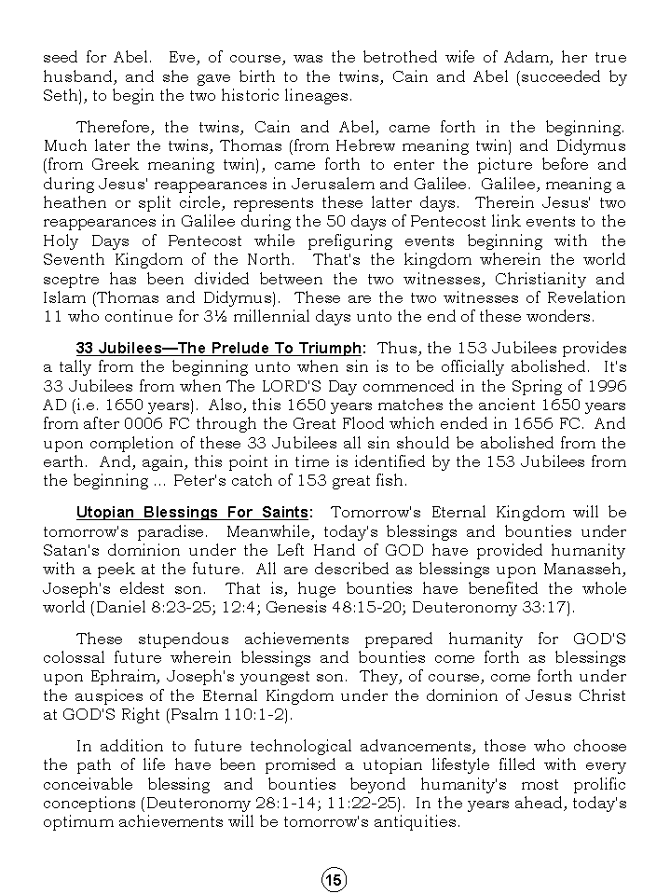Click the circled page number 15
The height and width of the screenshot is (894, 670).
[x=335, y=879]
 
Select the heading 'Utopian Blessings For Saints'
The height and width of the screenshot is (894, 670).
[x=193, y=512]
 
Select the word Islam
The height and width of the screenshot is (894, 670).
[x=64, y=298]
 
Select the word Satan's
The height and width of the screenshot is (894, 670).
[x=76, y=550]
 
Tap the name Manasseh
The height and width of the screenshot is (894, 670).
[x=585, y=570]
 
